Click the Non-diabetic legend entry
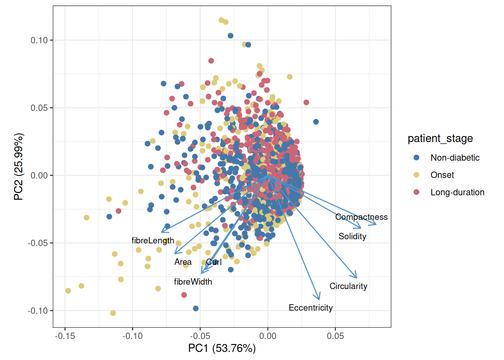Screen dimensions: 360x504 pyautogui.click(x=454, y=157)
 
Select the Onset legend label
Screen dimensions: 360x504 pyautogui.click(x=442, y=175)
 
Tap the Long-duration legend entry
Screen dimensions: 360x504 pyautogui.click(x=457, y=192)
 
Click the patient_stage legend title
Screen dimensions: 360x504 pyautogui.click(x=440, y=138)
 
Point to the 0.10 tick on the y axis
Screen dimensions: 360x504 pyautogui.click(x=39, y=40)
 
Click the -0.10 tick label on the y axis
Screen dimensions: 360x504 pyautogui.click(x=37, y=310)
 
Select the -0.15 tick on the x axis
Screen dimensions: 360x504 pyautogui.click(x=65, y=336)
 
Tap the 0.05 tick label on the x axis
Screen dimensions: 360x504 pyautogui.click(x=335, y=336)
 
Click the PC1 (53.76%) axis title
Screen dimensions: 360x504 pyautogui.click(x=222, y=348)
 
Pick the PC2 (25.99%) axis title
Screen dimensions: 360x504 pyautogui.click(x=18, y=166)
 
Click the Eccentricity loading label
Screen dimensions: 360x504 pyautogui.click(x=310, y=308)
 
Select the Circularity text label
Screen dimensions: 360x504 pyautogui.click(x=348, y=286)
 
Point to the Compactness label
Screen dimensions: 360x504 pyautogui.click(x=361, y=217)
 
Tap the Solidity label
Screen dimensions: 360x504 pyautogui.click(x=352, y=236)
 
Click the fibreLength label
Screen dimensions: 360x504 pyautogui.click(x=153, y=240)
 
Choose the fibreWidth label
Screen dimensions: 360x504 pyautogui.click(x=193, y=282)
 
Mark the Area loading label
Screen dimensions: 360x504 pyautogui.click(x=183, y=262)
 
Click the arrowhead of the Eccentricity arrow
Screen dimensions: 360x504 pyautogui.click(x=319, y=299)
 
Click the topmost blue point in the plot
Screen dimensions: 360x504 pyautogui.click(x=231, y=36)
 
